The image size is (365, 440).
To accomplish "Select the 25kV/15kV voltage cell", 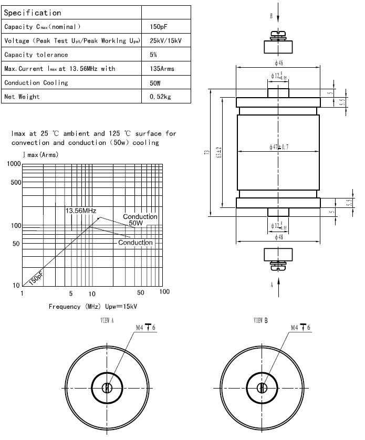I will coord(166,41).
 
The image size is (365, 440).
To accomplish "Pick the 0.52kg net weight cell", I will coord(160,97).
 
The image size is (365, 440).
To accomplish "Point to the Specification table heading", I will coord(33,13).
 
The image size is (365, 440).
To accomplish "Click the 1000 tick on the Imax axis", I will coord(13,165).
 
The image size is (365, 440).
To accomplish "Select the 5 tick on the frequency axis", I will coord(70,292).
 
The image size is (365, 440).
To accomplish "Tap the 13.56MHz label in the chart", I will coord(80,211).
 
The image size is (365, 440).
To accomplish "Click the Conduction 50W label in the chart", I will coord(140,220).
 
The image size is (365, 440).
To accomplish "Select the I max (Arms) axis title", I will coord(40,155).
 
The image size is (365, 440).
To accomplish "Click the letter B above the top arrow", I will coord(271,16).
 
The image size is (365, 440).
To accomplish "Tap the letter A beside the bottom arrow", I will coord(271,285).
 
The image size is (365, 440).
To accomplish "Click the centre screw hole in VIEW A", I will coord(107,388).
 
